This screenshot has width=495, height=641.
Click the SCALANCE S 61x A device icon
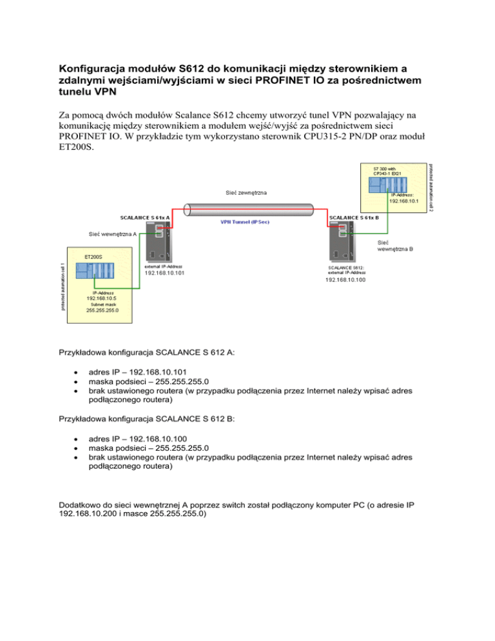(157, 242)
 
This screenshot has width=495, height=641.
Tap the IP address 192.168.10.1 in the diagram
(404, 201)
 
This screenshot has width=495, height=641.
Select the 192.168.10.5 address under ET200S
(99, 298)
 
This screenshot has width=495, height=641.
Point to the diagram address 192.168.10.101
(164, 272)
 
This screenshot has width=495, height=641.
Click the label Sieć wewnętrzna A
(113, 233)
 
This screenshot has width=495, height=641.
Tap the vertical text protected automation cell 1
(63, 286)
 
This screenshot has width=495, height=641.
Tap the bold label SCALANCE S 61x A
(145, 218)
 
